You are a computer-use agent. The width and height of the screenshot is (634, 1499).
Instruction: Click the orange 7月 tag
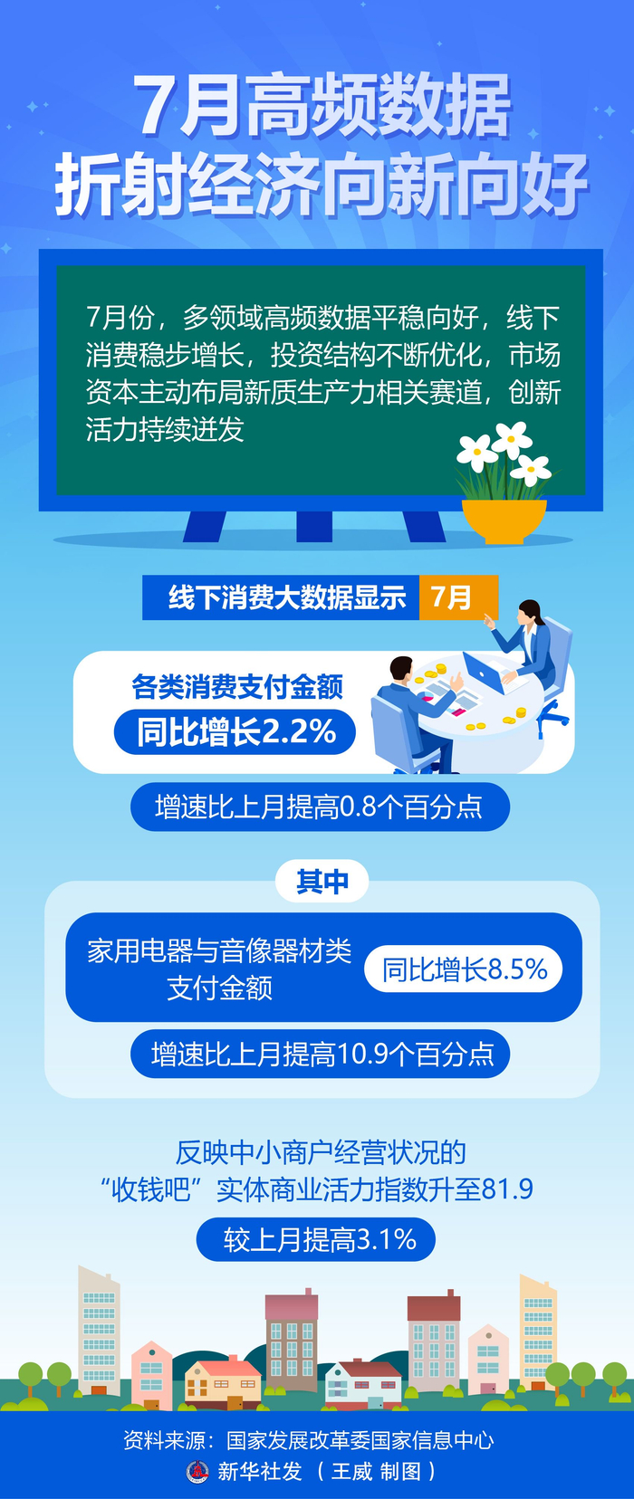tap(458, 597)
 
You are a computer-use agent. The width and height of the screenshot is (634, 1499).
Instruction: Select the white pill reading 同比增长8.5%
tap(464, 969)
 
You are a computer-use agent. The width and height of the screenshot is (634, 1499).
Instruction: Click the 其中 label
tap(322, 882)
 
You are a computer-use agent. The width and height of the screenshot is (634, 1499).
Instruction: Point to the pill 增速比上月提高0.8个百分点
tap(320, 807)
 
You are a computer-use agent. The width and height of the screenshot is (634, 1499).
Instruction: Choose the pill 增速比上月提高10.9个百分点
tap(320, 1054)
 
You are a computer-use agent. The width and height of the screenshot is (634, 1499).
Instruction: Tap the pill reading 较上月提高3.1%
tap(316, 1239)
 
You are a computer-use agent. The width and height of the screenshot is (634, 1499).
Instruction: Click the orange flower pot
tap(504, 520)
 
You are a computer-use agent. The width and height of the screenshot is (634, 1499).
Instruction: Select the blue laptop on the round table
tap(484, 673)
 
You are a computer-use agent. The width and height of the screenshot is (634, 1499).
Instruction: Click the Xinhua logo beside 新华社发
tap(197, 1470)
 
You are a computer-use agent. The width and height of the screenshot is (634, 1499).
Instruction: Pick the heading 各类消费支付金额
tap(237, 687)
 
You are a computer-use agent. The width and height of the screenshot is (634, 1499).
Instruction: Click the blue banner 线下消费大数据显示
tap(281, 597)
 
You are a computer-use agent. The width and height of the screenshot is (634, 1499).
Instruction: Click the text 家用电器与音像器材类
tap(219, 951)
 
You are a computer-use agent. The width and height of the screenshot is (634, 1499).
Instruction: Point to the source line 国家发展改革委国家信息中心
tap(360, 1439)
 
